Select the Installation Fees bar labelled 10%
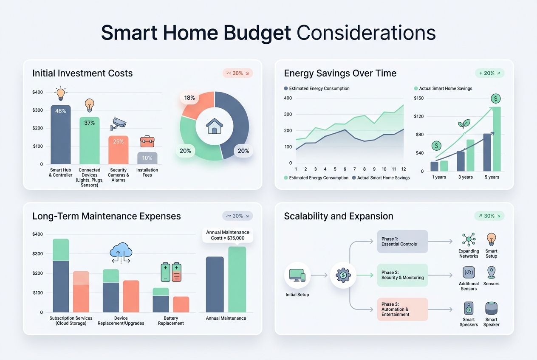click(x=147, y=158)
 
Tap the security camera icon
click(x=118, y=124)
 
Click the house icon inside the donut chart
click(x=214, y=126)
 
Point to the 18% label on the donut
click(x=189, y=98)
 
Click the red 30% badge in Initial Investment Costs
click(x=237, y=73)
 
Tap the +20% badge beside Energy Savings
click(x=489, y=73)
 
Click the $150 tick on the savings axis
click(x=418, y=98)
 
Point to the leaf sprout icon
click(x=464, y=124)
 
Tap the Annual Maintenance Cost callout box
click(x=228, y=235)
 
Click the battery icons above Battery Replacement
click(x=171, y=272)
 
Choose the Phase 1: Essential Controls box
click(x=402, y=242)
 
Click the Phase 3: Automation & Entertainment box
click(x=402, y=309)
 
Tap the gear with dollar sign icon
click(x=343, y=275)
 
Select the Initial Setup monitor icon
click(x=297, y=275)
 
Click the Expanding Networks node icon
click(x=469, y=239)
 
